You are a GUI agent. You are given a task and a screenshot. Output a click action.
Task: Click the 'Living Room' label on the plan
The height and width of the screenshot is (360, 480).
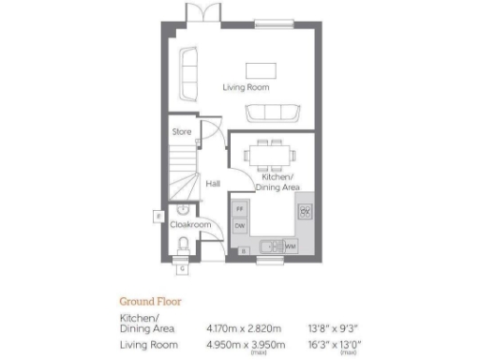[x=246, y=88]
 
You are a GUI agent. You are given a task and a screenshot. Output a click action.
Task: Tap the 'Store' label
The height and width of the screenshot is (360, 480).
[x=181, y=132]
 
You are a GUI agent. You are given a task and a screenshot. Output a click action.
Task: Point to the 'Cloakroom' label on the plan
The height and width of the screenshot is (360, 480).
[x=189, y=225]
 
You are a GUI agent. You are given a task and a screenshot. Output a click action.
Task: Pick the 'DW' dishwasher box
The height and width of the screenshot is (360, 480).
[x=240, y=226]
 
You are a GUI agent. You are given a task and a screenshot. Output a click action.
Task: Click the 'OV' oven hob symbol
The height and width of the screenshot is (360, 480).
[x=304, y=210]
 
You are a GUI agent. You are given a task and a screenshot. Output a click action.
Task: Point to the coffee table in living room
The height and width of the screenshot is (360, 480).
[x=262, y=70]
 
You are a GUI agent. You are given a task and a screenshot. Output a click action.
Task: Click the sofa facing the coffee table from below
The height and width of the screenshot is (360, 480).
[x=273, y=114]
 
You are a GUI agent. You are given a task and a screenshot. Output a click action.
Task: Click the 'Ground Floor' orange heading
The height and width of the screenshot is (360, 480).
[x=149, y=302]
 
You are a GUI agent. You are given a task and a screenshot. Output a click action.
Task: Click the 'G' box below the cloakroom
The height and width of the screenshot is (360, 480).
[x=182, y=268]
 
